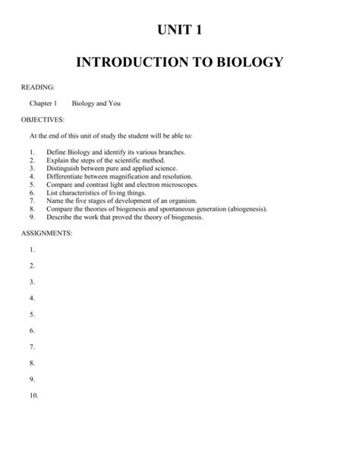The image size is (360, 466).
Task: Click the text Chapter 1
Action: tap(43, 103)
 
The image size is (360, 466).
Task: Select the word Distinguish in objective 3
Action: tap(65, 168)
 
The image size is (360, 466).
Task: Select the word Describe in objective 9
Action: tap(60, 216)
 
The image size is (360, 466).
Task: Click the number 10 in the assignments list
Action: tap(32, 396)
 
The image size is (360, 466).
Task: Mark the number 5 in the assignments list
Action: tap(31, 314)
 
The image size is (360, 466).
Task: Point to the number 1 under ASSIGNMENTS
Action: tap(31, 249)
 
